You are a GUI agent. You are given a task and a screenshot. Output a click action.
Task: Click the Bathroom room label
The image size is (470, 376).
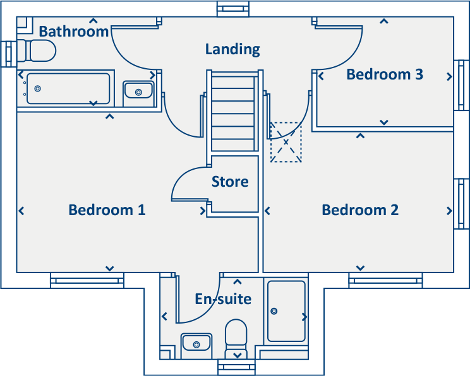point(73,32)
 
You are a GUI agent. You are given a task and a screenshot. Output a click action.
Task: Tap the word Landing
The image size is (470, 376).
point(232,49)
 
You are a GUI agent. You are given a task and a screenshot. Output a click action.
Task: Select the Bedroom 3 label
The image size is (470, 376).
point(384,74)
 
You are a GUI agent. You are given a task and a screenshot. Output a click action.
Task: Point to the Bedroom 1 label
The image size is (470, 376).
point(107,210)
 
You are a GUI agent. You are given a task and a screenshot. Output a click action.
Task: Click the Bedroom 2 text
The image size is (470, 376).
point(360,210)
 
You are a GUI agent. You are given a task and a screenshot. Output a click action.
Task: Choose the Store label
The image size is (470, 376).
point(230,182)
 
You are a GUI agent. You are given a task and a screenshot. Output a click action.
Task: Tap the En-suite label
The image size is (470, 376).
point(223,299)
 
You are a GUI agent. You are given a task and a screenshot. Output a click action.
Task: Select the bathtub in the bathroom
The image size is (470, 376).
point(68,88)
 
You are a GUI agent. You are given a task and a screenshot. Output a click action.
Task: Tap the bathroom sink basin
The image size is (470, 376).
point(138,91)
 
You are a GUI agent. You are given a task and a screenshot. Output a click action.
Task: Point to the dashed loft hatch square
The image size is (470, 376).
point(286,143)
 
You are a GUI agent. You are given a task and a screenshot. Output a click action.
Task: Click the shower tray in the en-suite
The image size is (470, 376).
point(286,310)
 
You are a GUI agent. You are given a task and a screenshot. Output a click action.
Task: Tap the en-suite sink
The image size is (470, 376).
point(196,343)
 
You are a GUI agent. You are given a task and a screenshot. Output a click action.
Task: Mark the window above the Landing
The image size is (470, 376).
point(234,9)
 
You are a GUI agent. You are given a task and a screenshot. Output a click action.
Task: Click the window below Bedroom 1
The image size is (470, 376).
point(87,279)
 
